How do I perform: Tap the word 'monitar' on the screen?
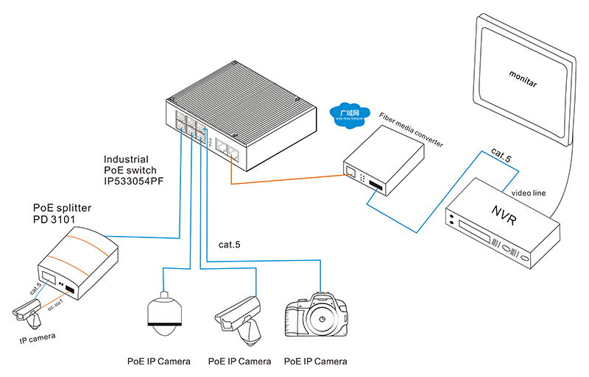click(523, 78)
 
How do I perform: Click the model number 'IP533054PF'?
click(135, 180)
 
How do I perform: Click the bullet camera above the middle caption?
click(239, 316)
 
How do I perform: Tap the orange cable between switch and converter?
click(287, 179)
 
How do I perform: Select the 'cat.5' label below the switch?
click(230, 244)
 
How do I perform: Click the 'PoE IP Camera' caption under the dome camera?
click(158, 361)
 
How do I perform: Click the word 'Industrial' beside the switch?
click(126, 159)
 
